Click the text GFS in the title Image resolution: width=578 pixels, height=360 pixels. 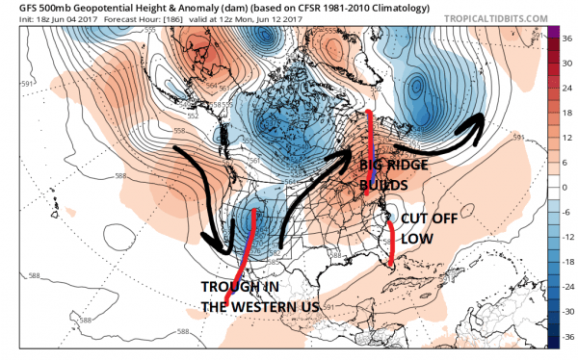16,9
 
